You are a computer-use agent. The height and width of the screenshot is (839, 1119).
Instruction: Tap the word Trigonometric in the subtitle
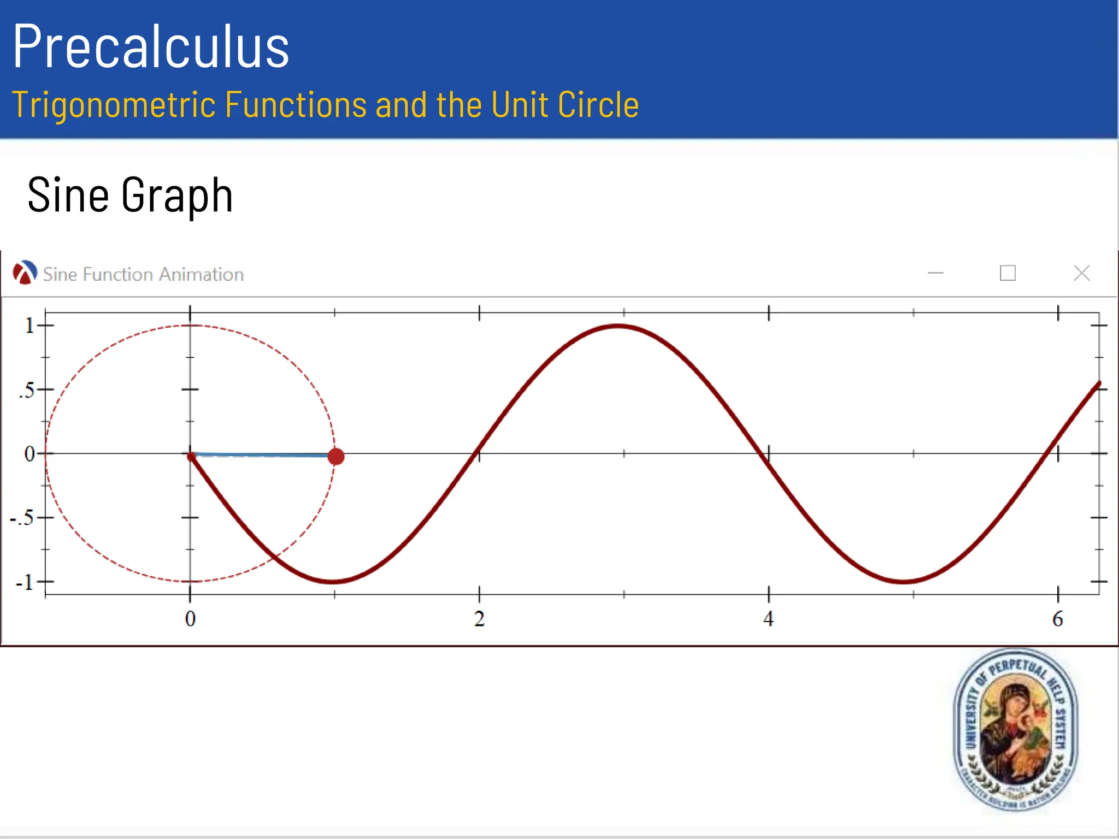[114, 105]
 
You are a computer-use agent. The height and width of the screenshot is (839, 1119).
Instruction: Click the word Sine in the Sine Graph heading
[68, 195]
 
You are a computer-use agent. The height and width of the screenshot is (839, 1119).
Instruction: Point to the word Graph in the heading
[177, 196]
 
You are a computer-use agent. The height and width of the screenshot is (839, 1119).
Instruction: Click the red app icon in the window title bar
[25, 273]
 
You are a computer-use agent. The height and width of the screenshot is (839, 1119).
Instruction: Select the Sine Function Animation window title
[143, 274]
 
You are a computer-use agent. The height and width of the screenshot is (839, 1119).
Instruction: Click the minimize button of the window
[935, 273]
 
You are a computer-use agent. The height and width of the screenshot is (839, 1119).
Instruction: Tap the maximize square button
[1008, 273]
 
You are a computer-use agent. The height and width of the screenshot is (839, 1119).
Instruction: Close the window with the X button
[1081, 273]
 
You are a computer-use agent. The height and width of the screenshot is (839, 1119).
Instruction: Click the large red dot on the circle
[336, 457]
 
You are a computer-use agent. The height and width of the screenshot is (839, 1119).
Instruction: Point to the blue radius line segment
[262, 454]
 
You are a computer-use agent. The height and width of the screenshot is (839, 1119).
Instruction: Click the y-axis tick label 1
[30, 326]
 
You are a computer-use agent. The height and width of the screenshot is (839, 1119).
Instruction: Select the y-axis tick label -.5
[22, 518]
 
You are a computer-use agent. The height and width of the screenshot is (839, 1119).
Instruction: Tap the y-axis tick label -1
[25, 582]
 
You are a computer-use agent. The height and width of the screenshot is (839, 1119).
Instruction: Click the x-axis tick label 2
[479, 619]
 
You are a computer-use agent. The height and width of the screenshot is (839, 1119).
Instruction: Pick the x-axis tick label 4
[768, 619]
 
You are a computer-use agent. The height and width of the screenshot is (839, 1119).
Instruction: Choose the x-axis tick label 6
[1058, 619]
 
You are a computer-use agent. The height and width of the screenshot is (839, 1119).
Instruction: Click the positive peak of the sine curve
[618, 327]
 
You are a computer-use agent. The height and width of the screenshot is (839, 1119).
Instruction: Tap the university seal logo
[1016, 730]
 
